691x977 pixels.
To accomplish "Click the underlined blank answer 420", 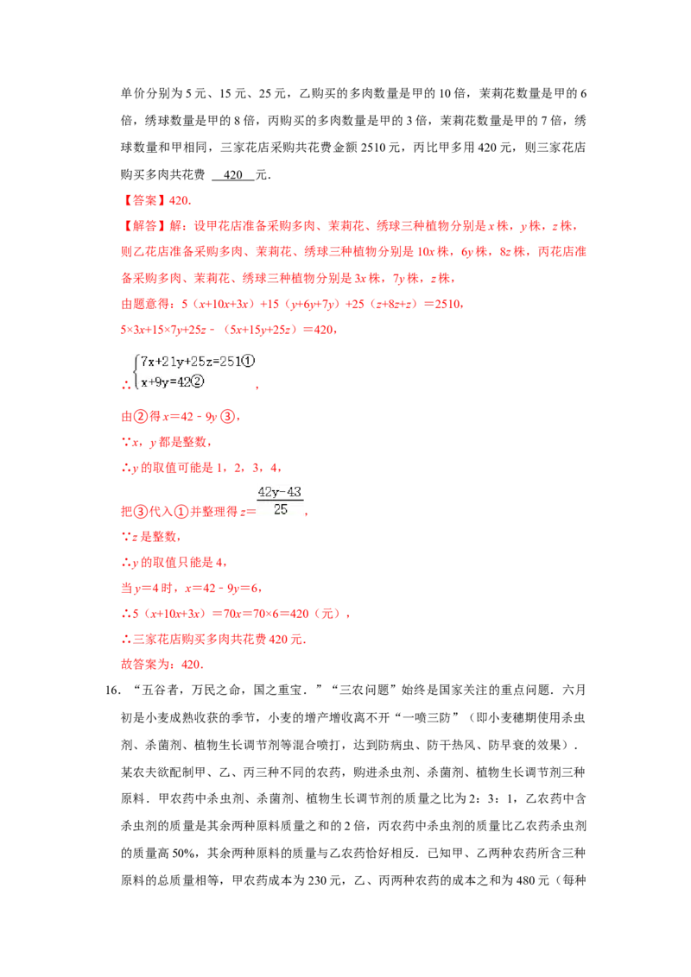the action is tap(232, 175).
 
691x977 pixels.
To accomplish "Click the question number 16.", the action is tap(112, 690).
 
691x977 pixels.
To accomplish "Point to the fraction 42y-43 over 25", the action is tap(280, 501).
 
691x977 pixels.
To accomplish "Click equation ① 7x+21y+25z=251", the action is tap(198, 362).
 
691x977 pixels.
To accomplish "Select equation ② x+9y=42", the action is tap(172, 382).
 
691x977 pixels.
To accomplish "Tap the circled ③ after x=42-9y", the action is tap(228, 417).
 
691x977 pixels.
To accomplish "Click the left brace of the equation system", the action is tap(136, 371).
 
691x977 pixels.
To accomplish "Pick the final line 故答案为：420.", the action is tap(162, 665).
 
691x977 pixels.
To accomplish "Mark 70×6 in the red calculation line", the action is tap(257, 614).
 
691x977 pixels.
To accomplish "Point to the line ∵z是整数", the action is tap(150, 537).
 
